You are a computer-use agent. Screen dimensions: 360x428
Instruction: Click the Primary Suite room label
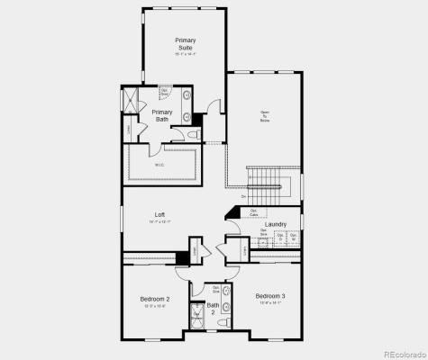click(185, 44)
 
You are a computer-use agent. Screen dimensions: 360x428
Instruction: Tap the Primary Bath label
click(161, 115)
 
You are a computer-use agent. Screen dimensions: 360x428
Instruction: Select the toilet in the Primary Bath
click(192, 135)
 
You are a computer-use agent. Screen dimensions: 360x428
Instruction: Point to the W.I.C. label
click(159, 165)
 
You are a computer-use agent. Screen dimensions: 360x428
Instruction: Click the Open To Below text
click(264, 116)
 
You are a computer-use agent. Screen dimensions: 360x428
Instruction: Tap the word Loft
click(159, 214)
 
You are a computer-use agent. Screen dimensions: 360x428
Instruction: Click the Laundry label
click(276, 224)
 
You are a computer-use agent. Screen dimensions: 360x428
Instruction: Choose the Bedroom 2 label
click(154, 299)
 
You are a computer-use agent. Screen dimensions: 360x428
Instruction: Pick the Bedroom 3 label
click(269, 296)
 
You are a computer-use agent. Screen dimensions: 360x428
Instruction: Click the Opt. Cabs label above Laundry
click(254, 214)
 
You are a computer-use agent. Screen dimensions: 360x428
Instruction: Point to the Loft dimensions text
click(159, 221)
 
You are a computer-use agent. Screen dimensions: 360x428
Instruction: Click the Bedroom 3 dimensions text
click(269, 303)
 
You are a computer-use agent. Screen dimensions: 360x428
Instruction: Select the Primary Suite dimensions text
click(185, 54)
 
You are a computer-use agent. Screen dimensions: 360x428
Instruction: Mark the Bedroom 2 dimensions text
click(154, 306)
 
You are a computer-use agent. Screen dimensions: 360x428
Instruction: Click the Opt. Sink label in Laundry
click(264, 232)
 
